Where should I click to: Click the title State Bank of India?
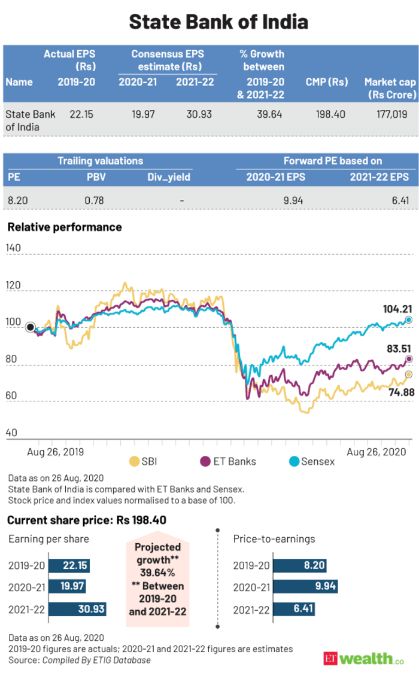(218, 22)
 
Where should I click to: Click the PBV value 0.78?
(94, 200)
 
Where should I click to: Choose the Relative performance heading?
(65, 227)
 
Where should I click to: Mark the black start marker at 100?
(30, 327)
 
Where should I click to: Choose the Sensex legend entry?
(311, 461)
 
